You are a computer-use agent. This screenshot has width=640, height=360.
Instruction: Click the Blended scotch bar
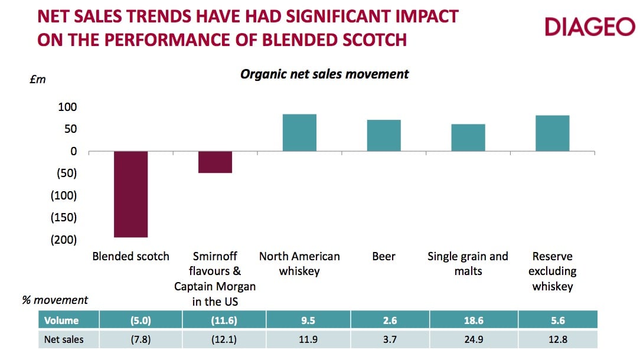(130, 194)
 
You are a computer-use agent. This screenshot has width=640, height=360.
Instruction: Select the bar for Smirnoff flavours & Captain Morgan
(215, 162)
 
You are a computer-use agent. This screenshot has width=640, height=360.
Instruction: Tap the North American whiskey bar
(299, 133)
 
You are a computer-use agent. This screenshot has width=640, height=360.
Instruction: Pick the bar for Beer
(384, 136)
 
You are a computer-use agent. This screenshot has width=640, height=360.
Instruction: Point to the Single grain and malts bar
(468, 138)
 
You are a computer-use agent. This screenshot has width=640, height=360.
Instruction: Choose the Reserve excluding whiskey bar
(553, 133)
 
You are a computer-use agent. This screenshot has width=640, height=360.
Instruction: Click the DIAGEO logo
(589, 27)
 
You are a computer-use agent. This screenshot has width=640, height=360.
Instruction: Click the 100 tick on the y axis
(67, 107)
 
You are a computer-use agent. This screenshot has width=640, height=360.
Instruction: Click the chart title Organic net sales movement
(324, 74)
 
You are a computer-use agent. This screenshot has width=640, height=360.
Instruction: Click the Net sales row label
(64, 339)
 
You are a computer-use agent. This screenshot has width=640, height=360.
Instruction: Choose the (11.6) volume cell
(224, 320)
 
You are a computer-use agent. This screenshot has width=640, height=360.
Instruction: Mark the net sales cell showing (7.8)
(141, 339)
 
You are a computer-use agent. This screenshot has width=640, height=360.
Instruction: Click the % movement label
(55, 300)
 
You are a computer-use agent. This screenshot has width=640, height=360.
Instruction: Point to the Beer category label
(384, 257)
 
